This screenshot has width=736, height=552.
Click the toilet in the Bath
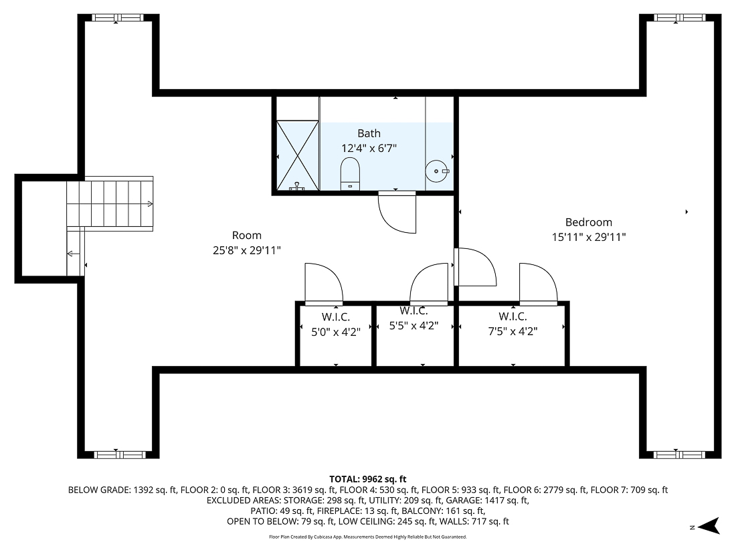350,173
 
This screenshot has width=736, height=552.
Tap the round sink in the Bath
438,171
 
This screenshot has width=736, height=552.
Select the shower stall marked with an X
298,154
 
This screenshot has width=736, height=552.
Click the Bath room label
369,134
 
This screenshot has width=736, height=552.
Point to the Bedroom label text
588,222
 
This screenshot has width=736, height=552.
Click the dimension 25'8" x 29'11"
246,250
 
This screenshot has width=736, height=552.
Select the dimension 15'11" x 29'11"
588,237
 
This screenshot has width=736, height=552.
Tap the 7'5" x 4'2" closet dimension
513,331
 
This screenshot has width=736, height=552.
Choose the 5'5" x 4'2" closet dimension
413,326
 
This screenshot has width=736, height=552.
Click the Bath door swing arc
397,213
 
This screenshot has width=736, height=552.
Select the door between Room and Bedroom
475,267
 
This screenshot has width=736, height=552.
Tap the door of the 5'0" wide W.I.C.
324,284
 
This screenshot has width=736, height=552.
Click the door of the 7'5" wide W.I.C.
538,284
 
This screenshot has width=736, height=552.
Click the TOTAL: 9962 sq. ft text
367,479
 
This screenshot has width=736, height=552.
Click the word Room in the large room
246,236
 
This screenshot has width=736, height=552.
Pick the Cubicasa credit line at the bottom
367,537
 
